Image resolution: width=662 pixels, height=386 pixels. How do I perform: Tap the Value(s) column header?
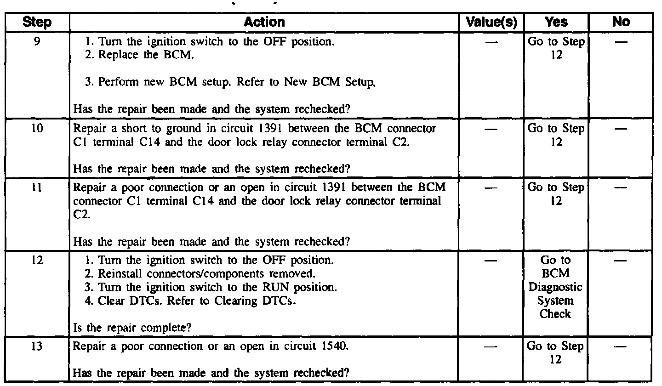click(492, 22)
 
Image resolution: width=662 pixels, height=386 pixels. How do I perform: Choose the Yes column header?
click(557, 22)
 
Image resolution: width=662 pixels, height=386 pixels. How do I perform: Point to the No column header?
click(621, 22)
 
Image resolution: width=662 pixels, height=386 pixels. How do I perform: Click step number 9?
click(37, 41)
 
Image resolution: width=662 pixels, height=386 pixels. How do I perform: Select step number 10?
click(37, 128)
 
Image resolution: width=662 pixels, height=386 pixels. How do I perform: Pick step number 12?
click(37, 261)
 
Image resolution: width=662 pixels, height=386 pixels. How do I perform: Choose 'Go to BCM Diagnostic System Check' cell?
click(556, 287)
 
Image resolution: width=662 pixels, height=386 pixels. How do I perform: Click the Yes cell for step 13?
click(556, 353)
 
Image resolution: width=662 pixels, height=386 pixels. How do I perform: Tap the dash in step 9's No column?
click(621, 42)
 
